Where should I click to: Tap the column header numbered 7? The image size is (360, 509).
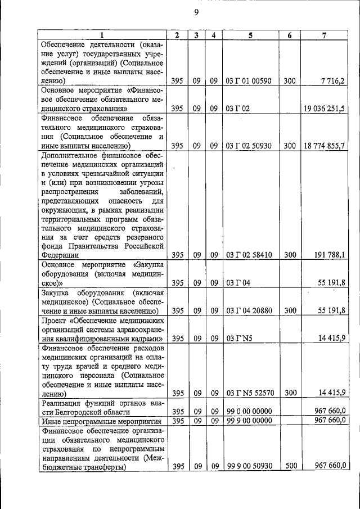(x=325, y=35)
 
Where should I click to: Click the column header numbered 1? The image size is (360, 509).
(x=102, y=35)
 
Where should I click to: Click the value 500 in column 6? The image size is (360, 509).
(x=289, y=466)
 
